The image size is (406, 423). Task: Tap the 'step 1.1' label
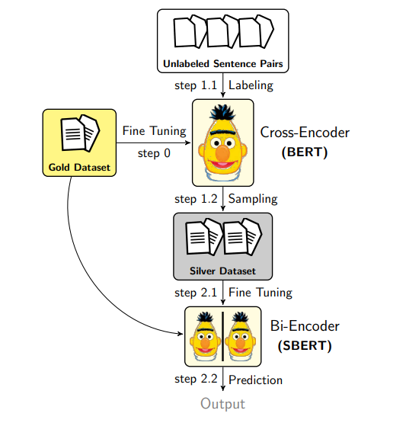197,85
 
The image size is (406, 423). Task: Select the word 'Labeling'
251,85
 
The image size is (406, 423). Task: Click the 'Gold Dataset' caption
79,167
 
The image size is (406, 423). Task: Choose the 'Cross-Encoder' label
305,133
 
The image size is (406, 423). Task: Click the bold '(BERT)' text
305,151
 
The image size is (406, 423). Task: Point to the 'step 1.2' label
197,199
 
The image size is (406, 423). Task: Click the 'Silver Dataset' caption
222,271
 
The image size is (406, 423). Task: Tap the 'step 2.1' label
197,293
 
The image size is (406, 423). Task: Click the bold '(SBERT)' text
305,344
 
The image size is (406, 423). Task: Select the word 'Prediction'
256,380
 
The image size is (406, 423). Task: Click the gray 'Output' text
223,404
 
